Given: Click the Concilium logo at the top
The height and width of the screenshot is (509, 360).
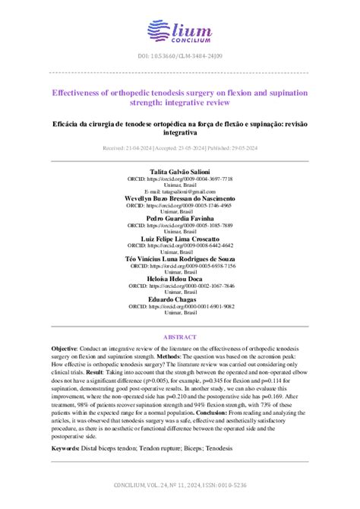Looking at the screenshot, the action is (179, 33).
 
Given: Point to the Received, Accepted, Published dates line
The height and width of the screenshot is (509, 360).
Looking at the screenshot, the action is (180, 148).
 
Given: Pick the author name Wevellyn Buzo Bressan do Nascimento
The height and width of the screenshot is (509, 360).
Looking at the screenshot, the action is (179, 198).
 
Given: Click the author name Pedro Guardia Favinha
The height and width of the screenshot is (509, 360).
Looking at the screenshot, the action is (179, 218).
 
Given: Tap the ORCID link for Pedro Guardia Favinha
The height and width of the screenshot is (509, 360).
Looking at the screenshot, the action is (181, 226).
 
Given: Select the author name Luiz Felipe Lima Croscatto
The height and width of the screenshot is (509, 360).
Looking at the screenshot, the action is (179, 239).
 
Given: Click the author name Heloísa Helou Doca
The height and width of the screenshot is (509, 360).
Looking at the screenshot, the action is (179, 279).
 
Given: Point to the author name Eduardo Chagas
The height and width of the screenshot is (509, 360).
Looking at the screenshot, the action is (179, 299).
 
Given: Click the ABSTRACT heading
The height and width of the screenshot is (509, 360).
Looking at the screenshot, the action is (180, 337).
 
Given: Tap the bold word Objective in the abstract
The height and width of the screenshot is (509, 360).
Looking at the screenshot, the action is (64, 346).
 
